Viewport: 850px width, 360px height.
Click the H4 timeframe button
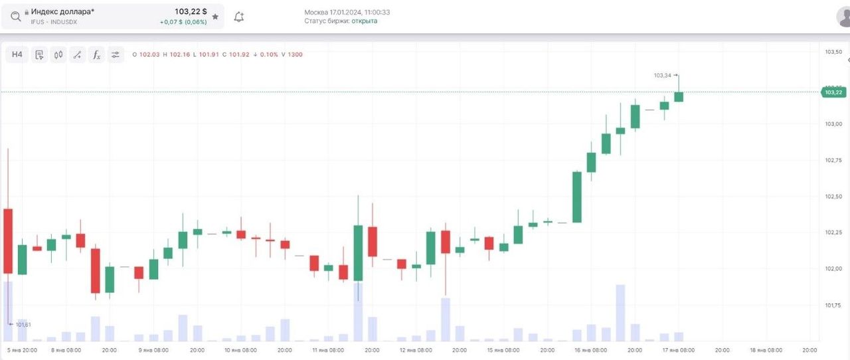tap(17, 54)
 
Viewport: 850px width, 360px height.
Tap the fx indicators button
tap(96, 54)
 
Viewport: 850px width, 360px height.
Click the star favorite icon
tap(215, 17)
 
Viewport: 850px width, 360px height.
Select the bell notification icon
tap(239, 17)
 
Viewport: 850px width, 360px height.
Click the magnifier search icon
tap(15, 17)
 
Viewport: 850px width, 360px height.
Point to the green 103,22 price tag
tap(834, 92)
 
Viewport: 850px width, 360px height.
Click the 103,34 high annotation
tap(663, 75)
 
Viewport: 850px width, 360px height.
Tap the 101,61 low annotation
tap(23, 324)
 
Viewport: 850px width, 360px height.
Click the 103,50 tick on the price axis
tap(833, 52)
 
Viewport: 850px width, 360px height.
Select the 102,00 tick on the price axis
tap(833, 269)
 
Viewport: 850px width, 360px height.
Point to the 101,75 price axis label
tap(833, 306)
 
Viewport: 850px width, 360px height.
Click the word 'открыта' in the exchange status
tap(365, 21)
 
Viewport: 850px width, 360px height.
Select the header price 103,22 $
tap(191, 12)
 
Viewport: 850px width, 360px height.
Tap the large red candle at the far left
tap(8, 240)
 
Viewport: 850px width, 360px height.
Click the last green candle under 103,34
tap(679, 97)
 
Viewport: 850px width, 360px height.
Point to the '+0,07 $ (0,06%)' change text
tap(183, 22)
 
